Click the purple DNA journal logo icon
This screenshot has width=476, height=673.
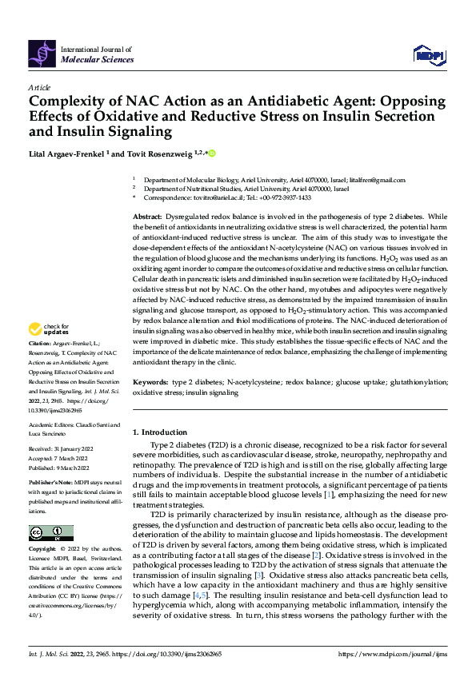point(42,52)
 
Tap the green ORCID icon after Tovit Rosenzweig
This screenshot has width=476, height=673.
point(213,153)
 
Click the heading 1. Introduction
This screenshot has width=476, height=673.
point(160,432)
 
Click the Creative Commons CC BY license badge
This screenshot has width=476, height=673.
point(50,533)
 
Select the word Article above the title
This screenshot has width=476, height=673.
point(39,86)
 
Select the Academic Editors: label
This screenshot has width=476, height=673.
point(53,424)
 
